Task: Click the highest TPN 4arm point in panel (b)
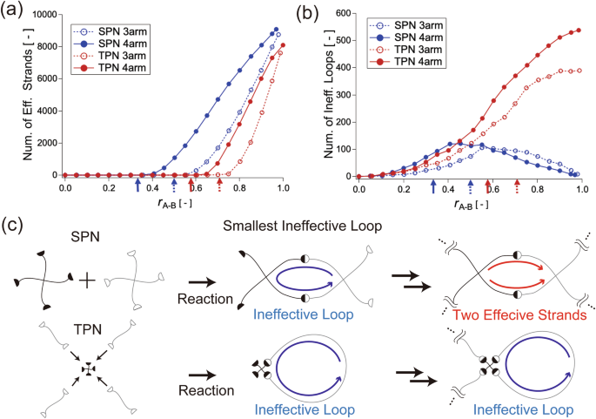point(578,30)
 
